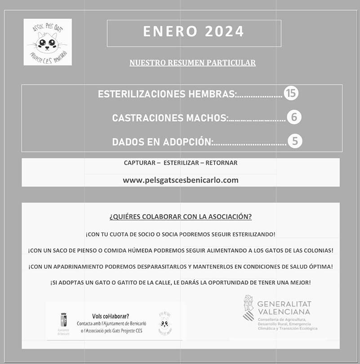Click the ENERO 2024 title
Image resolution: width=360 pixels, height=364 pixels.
[x=194, y=32]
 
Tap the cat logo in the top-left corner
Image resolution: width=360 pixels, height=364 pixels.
[x=48, y=42]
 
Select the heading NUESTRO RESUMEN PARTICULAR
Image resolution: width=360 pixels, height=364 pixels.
[x=192, y=63]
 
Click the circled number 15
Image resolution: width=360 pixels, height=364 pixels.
[x=291, y=93]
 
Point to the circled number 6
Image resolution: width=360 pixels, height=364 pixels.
[x=294, y=118]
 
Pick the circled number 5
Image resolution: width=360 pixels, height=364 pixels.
[x=294, y=141]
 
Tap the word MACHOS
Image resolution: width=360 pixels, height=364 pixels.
[x=207, y=118]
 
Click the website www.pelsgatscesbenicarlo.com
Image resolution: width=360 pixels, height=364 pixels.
[x=181, y=180]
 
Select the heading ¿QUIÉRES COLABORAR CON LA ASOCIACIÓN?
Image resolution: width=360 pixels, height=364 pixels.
[x=181, y=217]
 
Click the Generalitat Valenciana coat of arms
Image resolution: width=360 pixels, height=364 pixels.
[x=248, y=308]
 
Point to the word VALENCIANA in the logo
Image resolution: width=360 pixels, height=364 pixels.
[x=284, y=312]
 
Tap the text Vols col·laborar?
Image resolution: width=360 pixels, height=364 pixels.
[x=110, y=316]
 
